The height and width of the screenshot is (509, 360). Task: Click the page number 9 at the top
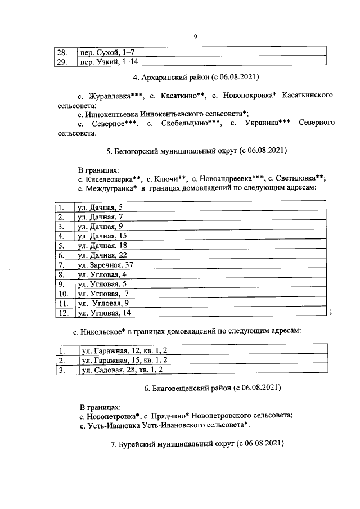(195, 37)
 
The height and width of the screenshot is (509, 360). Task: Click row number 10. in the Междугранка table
(64, 293)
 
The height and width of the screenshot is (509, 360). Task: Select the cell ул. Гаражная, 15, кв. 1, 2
(125, 361)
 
